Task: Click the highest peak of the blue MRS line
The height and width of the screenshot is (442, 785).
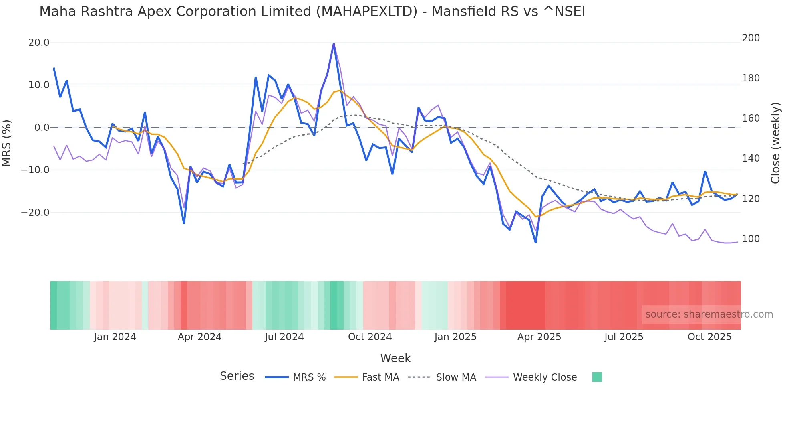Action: [334, 44]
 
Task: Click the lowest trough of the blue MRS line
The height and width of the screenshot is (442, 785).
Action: [535, 242]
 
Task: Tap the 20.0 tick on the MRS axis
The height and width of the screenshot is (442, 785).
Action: [39, 43]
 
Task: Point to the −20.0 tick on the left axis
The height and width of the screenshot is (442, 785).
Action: [36, 213]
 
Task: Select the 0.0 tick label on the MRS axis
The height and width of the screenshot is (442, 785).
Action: [42, 128]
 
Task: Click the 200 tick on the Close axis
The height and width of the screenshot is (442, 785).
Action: [751, 38]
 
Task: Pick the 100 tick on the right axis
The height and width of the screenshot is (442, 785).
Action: [751, 239]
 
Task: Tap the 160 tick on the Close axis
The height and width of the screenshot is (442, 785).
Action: [751, 118]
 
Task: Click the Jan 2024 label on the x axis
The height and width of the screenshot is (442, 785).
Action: [115, 337]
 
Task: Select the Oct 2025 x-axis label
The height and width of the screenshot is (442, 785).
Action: [709, 337]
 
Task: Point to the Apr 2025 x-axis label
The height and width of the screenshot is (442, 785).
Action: [539, 337]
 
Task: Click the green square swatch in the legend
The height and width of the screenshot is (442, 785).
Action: [597, 377]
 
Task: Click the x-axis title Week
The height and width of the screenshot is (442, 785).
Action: [395, 358]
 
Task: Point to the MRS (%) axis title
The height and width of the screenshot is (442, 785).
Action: [7, 143]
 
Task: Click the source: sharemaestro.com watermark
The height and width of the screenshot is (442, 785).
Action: [709, 314]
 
